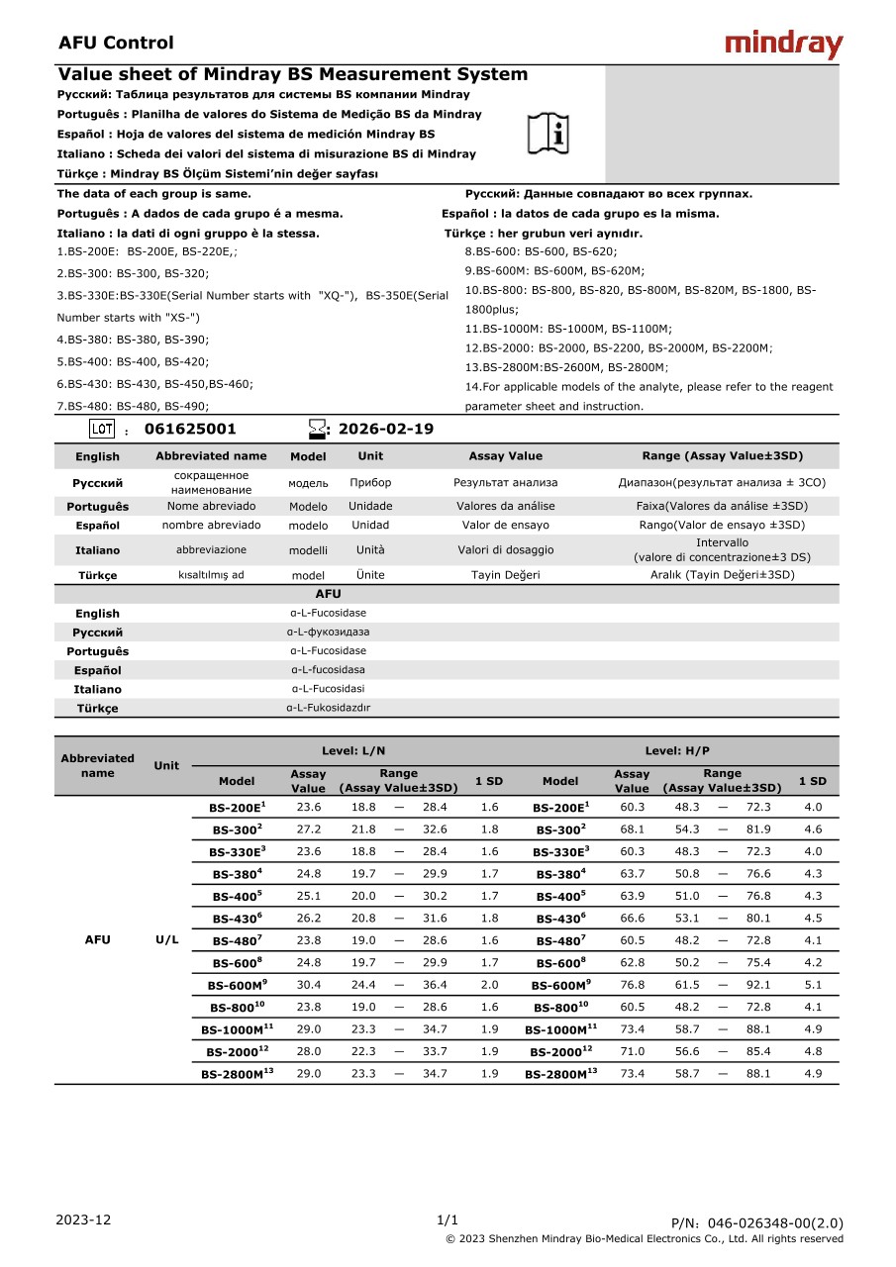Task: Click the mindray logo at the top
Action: (783, 45)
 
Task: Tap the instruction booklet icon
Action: (548, 134)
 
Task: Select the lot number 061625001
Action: (190, 430)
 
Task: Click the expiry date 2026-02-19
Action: (385, 430)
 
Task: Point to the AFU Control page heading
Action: (116, 43)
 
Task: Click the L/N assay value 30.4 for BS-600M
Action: (308, 985)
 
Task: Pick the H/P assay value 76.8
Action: (632, 985)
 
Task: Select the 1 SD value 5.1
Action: (813, 985)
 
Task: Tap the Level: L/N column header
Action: (353, 751)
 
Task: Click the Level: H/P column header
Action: (677, 751)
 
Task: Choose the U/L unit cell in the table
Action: (167, 939)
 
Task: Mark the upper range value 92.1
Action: (758, 985)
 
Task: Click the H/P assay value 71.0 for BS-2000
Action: (632, 1051)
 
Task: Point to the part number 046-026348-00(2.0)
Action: (757, 1223)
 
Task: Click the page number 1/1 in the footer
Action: (448, 1219)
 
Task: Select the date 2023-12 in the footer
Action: (84, 1219)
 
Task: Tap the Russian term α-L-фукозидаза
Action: (328, 632)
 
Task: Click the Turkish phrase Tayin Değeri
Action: (505, 575)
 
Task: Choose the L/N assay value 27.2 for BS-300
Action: (308, 829)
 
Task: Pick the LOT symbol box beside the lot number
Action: (102, 429)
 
